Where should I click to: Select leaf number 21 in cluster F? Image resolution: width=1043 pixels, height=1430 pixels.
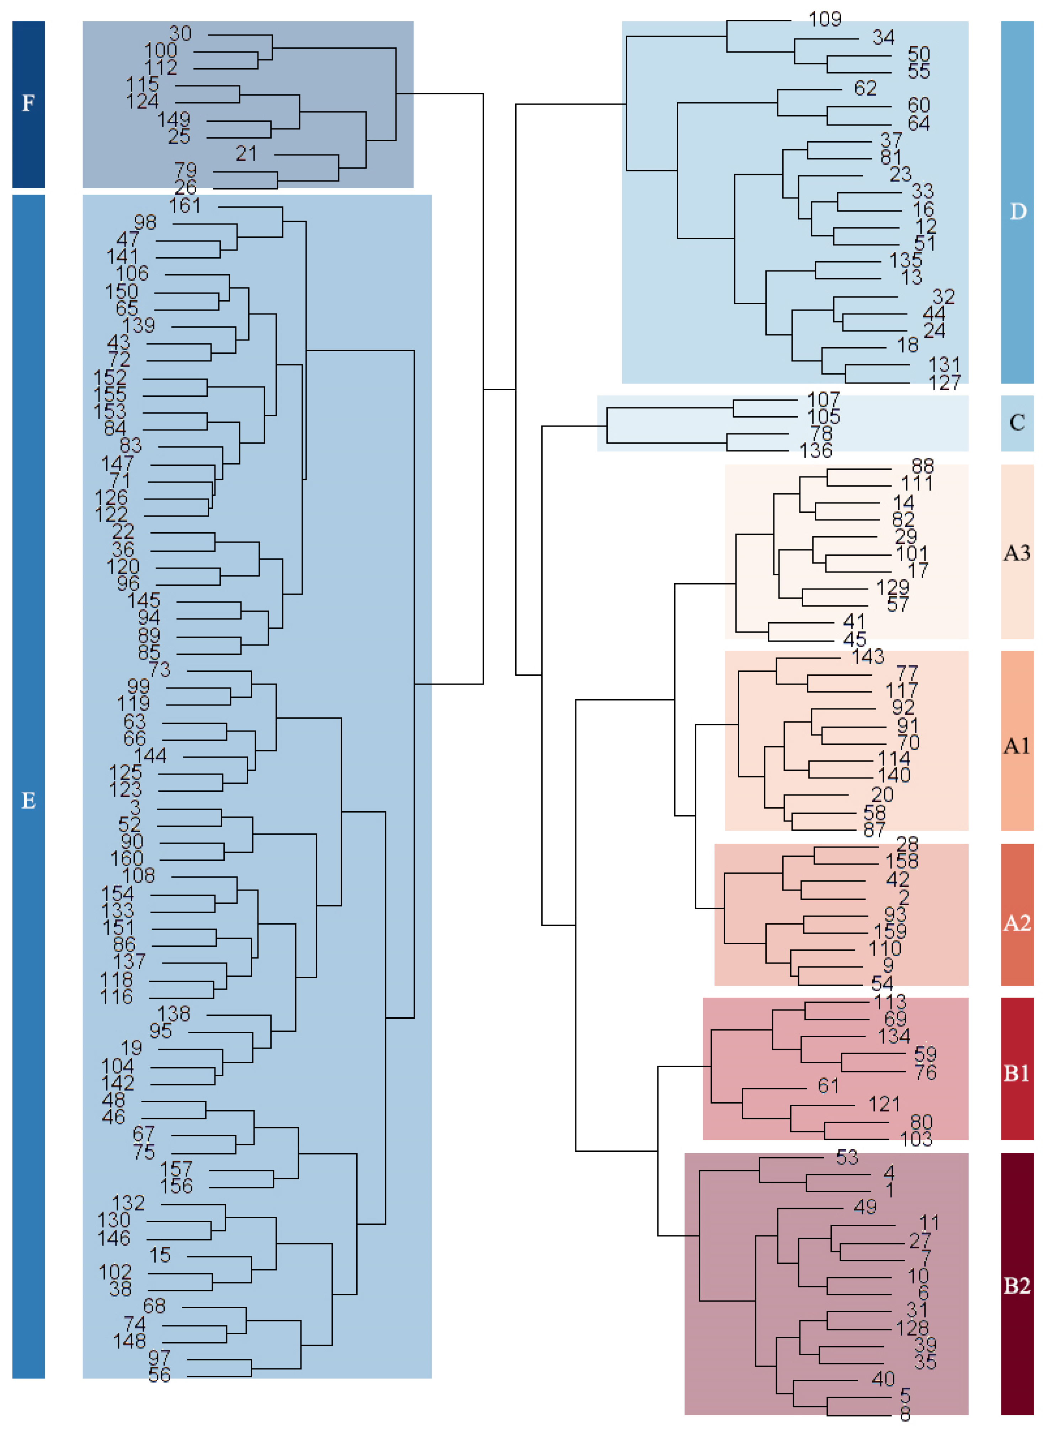point(246,153)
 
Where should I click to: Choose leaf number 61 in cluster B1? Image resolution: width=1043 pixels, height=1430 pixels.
point(828,1086)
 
